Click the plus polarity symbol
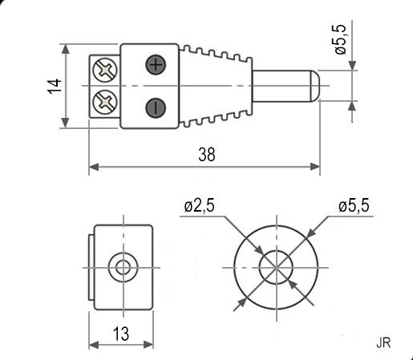(x=156, y=65)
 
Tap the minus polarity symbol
(x=156, y=107)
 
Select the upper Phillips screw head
(x=105, y=70)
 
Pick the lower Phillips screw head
(x=105, y=102)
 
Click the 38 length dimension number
(x=207, y=155)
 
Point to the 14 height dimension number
(x=55, y=86)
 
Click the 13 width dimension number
(x=121, y=334)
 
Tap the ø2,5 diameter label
(x=199, y=206)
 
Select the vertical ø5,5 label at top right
(x=340, y=39)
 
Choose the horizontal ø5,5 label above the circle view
(x=354, y=206)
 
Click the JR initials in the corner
(x=383, y=342)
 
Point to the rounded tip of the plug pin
(x=315, y=86)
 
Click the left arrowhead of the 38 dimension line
(x=94, y=167)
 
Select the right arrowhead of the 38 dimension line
(x=315, y=167)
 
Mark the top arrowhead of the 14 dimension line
(x=65, y=49)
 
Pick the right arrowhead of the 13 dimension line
(x=148, y=345)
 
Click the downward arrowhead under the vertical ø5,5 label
(x=353, y=66)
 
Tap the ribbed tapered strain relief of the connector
(x=215, y=86)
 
